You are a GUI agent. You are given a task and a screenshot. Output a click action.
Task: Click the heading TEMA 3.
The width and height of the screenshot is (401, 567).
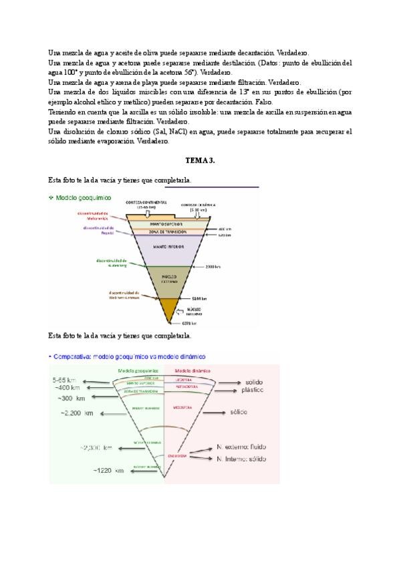(200, 161)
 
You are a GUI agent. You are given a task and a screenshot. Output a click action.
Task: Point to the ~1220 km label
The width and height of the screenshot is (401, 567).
(111, 471)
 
